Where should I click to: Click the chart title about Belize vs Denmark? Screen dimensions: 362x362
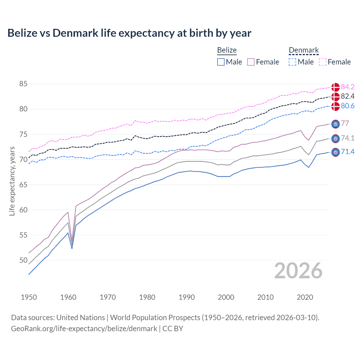pos(129,33)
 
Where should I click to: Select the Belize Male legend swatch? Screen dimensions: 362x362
pos(221,62)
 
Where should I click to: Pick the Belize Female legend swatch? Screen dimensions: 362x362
pos(251,62)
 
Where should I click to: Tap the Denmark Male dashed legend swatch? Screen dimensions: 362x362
pos(292,62)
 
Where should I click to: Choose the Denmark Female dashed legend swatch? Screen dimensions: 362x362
pos(322,62)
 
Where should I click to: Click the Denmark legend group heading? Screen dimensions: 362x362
pos(304,50)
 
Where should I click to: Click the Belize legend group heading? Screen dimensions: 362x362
pos(227,50)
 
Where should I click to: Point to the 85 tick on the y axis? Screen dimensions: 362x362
pos(23,84)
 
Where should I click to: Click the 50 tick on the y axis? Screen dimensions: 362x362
pos(23,260)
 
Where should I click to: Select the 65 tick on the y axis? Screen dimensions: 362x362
pos(23,185)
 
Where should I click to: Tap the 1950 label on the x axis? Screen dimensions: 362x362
pos(29,297)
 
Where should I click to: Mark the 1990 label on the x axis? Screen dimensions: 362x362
pos(187,297)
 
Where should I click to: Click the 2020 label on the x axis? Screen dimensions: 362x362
pos(305,297)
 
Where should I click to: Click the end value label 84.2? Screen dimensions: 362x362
pos(348,87)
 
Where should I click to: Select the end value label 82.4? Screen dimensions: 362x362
pos(348,96)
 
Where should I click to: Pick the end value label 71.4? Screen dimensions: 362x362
pos(348,152)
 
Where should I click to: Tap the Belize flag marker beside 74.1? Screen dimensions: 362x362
pos(335,139)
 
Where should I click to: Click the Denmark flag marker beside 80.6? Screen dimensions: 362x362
pos(335,106)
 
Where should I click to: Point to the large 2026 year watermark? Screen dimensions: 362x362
pos(298,271)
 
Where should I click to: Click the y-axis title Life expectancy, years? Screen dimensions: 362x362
pos(12,181)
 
